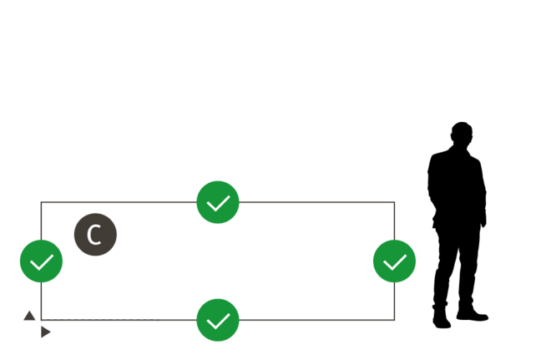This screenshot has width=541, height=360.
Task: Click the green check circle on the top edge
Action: (218, 202)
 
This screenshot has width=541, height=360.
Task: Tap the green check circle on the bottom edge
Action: (218, 320)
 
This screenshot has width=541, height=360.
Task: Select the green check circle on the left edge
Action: (41, 261)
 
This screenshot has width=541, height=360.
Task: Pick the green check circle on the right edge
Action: (394, 261)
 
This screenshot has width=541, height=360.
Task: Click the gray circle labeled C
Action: (95, 235)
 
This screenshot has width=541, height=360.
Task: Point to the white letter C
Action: (94, 235)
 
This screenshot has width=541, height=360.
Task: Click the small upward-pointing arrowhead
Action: (29, 316)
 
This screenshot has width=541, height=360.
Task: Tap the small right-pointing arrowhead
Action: (46, 332)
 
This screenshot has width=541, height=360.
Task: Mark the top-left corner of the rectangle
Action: (41, 202)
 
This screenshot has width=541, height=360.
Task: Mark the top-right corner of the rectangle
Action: (394, 202)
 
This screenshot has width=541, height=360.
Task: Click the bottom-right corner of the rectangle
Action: (394, 320)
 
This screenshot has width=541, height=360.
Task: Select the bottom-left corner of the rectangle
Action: (41, 320)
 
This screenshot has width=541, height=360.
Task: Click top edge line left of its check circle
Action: (117, 202)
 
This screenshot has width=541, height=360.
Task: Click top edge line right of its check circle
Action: (317, 202)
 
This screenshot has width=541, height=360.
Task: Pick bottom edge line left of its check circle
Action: (117, 320)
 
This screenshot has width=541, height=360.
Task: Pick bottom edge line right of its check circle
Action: (317, 320)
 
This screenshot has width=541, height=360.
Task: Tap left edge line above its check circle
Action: (41, 221)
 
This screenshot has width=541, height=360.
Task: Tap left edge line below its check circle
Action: (41, 301)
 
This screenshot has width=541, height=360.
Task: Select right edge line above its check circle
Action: (394, 221)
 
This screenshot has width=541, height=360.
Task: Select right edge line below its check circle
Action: (394, 301)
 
